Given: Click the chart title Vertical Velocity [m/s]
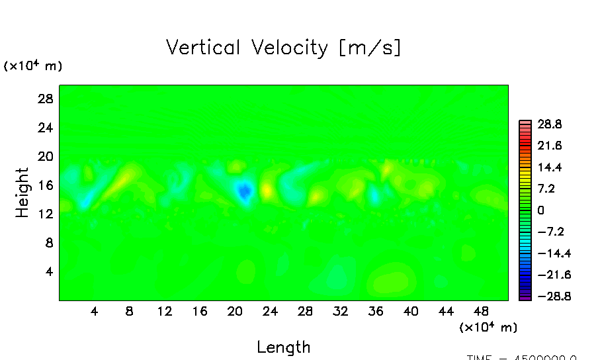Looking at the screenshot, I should point(283,48).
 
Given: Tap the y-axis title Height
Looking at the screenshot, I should point(22,193).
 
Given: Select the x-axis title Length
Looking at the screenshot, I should point(283,347).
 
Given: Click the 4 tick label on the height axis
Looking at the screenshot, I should point(48,271).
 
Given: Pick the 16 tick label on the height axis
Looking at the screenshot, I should point(44,185).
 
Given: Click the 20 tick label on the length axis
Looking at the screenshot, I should point(235,311).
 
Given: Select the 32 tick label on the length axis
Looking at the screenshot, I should point(340,311).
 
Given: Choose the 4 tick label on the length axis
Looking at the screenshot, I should point(95,311).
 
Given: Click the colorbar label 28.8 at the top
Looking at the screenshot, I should point(550,124).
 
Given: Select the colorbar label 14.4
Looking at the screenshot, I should point(550,167).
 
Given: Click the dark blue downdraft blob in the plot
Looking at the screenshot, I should point(244,191).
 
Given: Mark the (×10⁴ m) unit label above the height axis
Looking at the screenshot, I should point(33,66).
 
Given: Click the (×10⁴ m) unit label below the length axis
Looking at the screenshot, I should point(488,327).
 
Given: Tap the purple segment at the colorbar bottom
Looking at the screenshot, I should point(525,298).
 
